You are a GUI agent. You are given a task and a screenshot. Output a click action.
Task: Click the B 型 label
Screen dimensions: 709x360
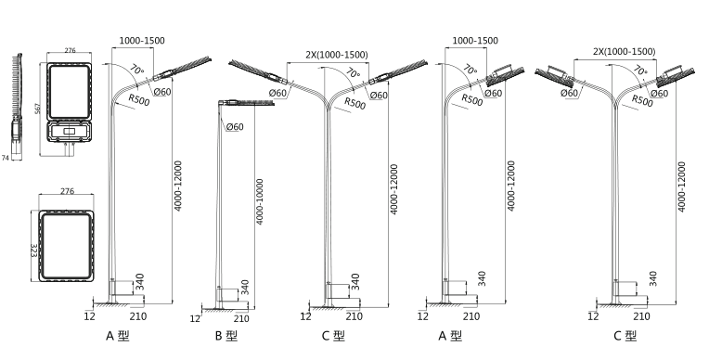[226, 336]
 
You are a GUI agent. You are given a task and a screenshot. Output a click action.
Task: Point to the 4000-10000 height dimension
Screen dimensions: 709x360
[260, 201]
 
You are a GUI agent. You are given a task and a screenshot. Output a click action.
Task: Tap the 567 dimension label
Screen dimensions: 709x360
[37, 109]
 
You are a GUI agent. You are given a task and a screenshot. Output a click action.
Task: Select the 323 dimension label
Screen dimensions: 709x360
[34, 251]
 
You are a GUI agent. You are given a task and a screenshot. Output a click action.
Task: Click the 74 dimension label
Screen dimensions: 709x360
[6, 158]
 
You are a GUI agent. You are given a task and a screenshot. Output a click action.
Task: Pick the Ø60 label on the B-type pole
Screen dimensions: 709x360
[234, 126]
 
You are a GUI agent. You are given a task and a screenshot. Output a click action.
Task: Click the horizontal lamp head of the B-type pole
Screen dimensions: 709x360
[246, 103]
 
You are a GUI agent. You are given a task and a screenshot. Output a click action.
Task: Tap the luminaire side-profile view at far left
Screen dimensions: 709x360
[17, 106]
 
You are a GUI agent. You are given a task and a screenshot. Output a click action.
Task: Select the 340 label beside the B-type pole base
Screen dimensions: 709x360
[244, 288]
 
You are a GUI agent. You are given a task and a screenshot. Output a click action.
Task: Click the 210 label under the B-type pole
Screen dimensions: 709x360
[241, 319]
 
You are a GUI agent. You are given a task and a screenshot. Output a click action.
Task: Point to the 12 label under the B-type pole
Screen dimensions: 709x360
[195, 319]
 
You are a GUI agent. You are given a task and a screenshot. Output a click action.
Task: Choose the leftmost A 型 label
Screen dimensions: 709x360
[118, 336]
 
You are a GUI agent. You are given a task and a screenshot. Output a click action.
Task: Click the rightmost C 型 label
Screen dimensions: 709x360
[625, 336]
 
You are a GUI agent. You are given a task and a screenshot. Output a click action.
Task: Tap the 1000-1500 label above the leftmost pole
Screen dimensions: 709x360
[142, 40]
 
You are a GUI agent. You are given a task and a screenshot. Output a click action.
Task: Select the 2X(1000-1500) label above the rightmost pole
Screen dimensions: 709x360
[624, 52]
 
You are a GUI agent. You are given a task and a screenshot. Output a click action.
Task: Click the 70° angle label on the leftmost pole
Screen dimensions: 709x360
[137, 71]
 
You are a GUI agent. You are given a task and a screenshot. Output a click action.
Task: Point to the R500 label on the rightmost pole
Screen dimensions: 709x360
[642, 100]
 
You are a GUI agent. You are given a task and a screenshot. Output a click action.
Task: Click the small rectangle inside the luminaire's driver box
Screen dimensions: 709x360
[70, 131]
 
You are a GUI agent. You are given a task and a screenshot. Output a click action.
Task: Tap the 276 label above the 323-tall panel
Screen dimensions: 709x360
[68, 191]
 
